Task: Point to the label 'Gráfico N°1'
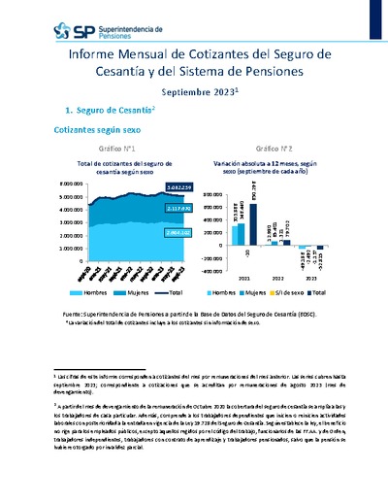click(x=115, y=147)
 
